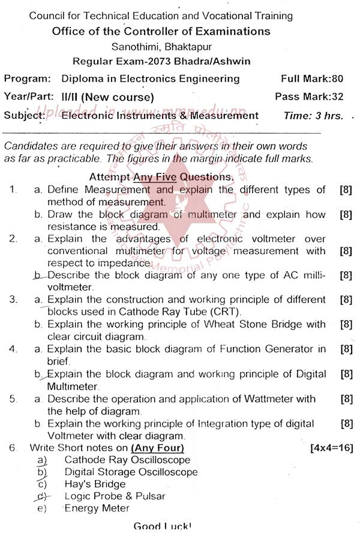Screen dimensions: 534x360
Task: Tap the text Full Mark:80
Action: (312, 79)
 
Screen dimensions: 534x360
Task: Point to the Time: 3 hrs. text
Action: (314, 116)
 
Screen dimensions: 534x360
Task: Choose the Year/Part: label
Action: (29, 97)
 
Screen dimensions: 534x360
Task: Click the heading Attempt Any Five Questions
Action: (161, 177)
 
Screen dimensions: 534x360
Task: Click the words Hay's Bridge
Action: (95, 484)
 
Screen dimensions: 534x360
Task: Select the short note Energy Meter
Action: (97, 508)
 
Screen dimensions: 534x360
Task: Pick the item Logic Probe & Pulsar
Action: (115, 496)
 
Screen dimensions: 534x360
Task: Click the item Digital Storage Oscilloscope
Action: (131, 472)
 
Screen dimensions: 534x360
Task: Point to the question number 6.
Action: (12, 448)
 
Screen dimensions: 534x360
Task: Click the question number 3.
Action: (13, 299)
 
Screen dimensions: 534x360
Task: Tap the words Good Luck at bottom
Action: (162, 526)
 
